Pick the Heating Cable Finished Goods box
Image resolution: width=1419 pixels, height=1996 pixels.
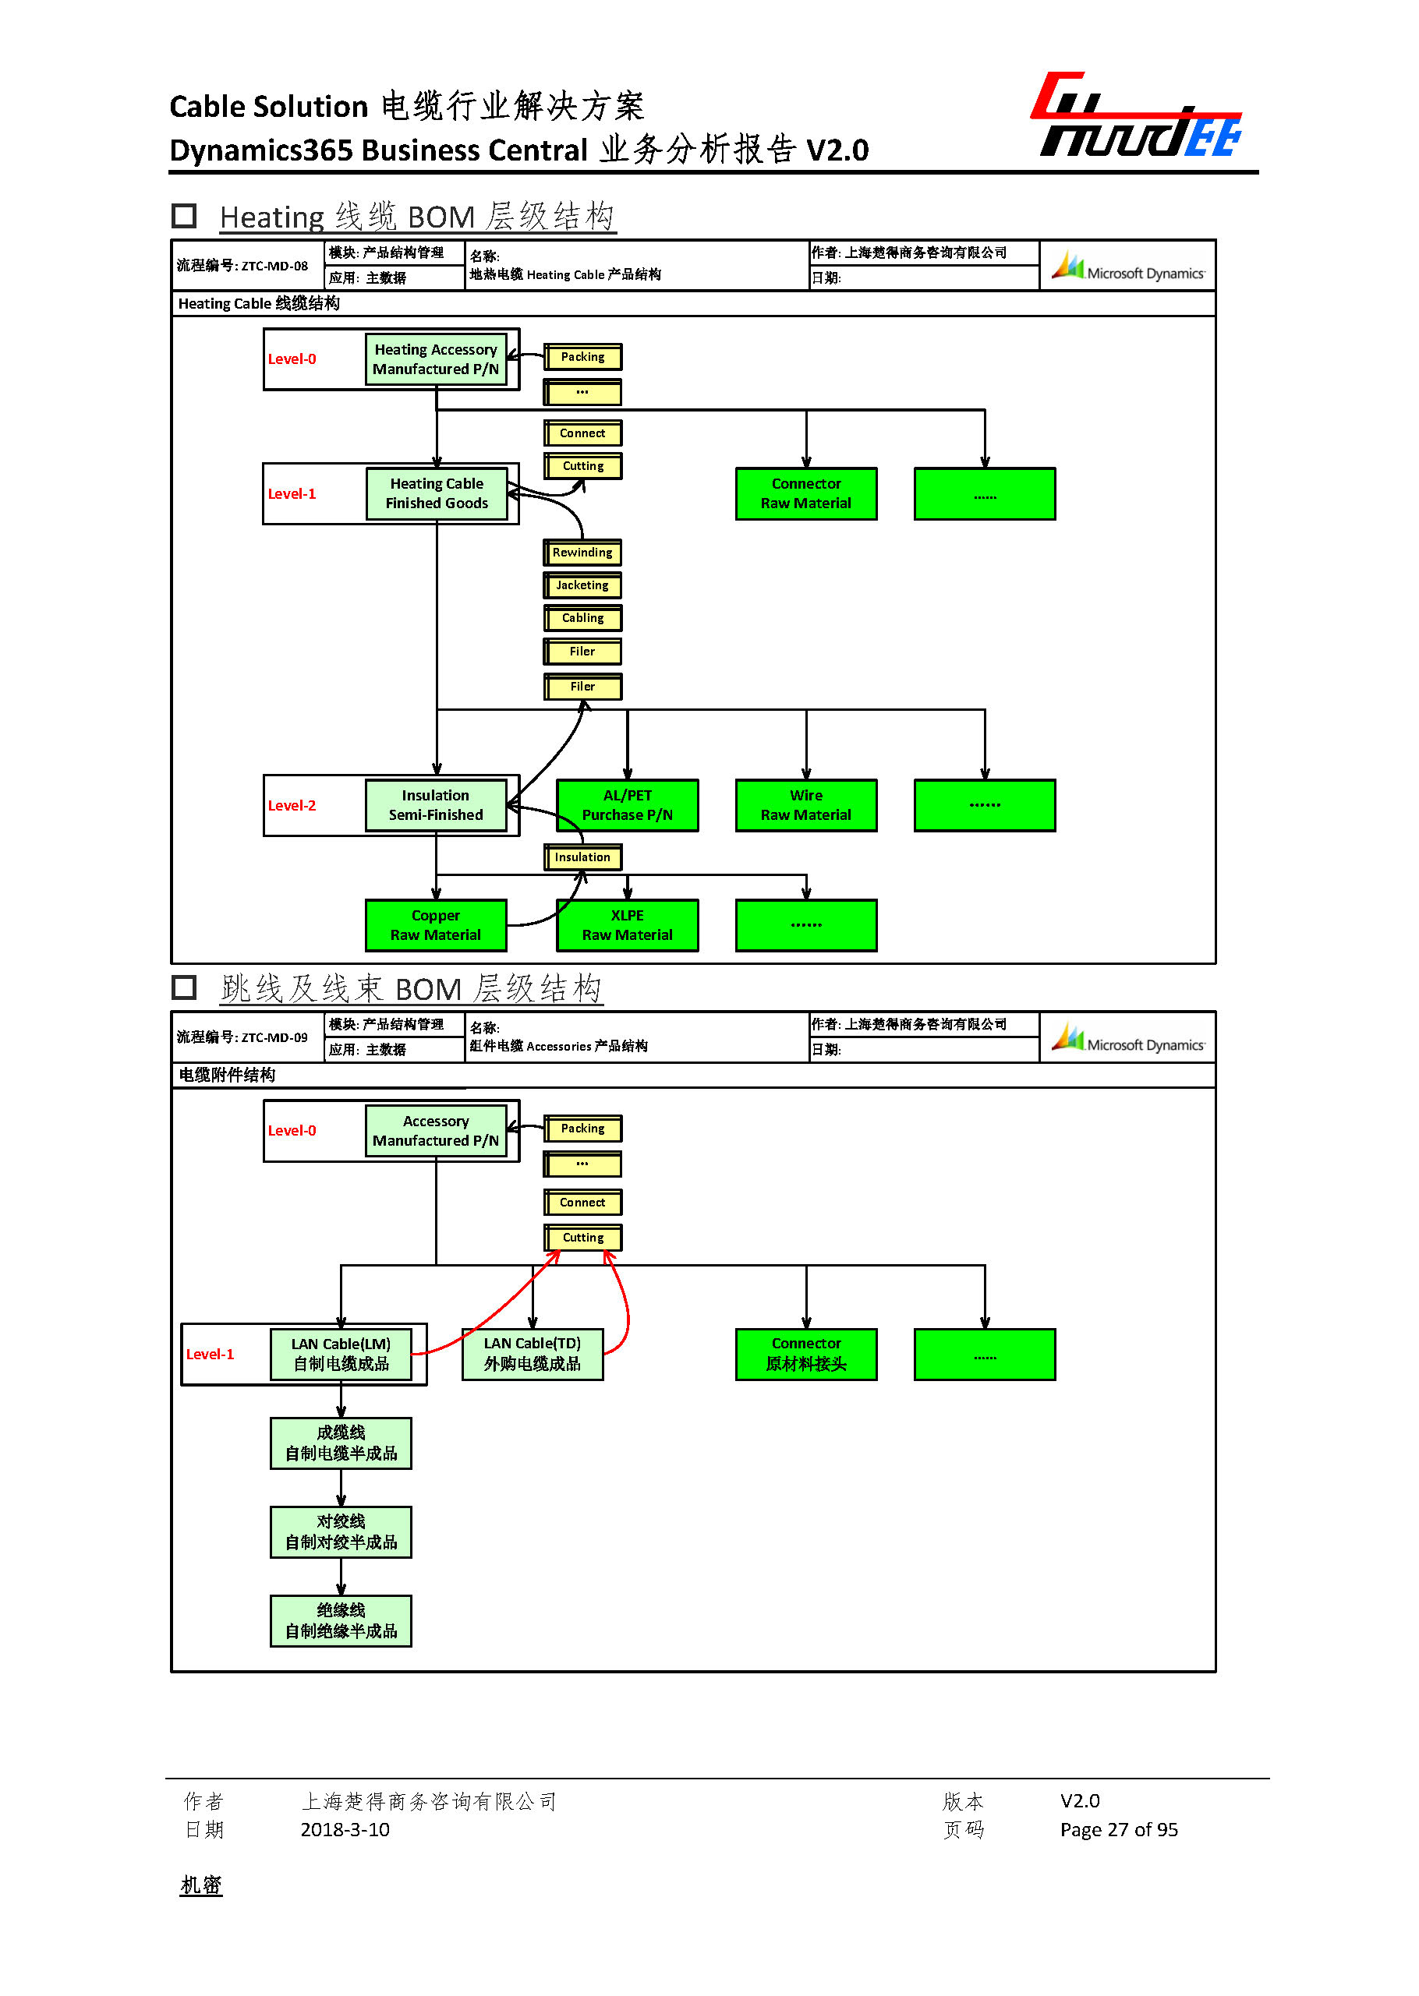[x=436, y=493]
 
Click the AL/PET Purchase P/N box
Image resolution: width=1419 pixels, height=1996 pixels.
[x=628, y=805]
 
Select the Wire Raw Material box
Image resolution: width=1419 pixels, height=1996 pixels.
[x=805, y=805]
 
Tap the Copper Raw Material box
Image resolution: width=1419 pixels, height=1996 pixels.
[x=435, y=925]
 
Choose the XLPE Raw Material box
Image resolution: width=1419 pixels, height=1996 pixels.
[x=628, y=925]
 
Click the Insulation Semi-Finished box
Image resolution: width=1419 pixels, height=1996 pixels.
[x=435, y=805]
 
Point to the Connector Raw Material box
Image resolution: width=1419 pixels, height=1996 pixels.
[x=805, y=493]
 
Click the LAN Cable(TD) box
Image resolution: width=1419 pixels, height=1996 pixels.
[x=532, y=1354]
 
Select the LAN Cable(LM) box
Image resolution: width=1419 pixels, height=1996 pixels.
[x=341, y=1354]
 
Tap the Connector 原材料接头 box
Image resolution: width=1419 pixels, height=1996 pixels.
[x=805, y=1354]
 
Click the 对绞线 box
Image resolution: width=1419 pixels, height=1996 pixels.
[x=341, y=1532]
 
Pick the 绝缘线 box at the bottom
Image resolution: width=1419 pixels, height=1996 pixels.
[x=341, y=1621]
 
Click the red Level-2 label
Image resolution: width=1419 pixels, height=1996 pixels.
[x=292, y=805]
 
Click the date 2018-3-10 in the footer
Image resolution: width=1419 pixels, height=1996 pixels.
[x=345, y=1830]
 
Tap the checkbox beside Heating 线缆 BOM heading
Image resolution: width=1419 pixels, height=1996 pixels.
[x=183, y=216]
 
